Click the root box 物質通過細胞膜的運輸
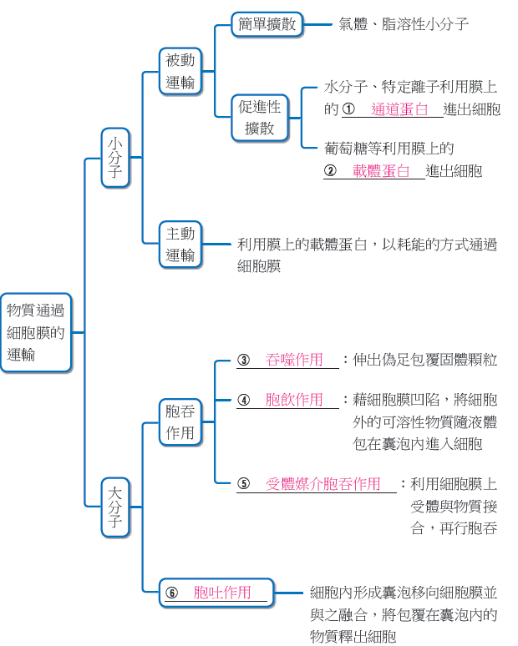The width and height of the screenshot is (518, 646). tap(36, 332)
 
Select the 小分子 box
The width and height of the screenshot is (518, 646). tap(115, 158)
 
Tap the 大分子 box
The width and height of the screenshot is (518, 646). tap(115, 507)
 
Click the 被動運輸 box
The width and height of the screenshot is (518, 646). tap(180, 71)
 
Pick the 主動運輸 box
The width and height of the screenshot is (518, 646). tap(180, 245)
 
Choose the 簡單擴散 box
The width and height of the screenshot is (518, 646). tap(267, 24)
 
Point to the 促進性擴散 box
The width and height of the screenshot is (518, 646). tap(259, 118)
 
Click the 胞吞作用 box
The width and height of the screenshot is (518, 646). tap(180, 421)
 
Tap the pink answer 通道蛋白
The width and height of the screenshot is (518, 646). tap(399, 109)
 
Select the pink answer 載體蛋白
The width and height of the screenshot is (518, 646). tap(381, 171)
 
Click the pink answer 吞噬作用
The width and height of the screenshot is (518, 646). tap(294, 360)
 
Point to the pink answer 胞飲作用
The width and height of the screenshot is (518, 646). tap(294, 400)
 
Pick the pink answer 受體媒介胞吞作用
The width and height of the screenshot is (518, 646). tap(323, 484)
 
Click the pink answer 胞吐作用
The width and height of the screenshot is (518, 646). tap(222, 593)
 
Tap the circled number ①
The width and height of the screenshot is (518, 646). tap(348, 109)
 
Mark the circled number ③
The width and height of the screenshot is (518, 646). tap(244, 360)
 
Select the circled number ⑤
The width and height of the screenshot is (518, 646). tap(244, 484)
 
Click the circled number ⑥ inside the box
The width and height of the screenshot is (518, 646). tap(171, 593)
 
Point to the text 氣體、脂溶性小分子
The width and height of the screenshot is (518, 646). tap(404, 24)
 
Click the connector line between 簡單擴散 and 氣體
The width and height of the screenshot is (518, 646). tap(317, 25)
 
